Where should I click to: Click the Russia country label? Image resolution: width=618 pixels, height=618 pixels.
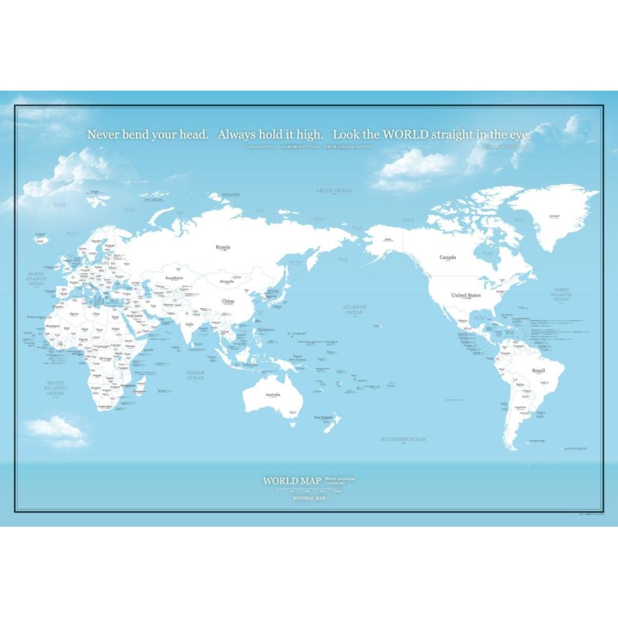tap(222, 247)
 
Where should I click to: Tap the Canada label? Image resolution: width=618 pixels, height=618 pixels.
tap(448, 257)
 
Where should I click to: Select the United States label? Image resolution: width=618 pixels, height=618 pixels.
tap(466, 295)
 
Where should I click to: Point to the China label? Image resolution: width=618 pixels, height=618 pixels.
tap(228, 301)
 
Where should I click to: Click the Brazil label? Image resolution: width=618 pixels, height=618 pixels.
tap(538, 371)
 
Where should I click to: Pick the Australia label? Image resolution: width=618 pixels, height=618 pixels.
tap(273, 394)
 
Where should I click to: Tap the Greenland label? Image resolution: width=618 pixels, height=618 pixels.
tap(554, 216)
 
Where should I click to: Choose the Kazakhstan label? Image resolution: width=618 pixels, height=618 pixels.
tap(174, 278)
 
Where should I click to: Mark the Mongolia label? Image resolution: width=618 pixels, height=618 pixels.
tap(227, 282)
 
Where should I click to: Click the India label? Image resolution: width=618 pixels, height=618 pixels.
tap(190, 325)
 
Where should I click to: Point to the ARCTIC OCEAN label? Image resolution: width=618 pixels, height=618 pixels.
tap(334, 190)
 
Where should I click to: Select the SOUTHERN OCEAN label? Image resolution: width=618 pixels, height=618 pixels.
tap(404, 439)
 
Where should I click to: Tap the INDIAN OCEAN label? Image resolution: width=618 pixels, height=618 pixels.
tap(196, 375)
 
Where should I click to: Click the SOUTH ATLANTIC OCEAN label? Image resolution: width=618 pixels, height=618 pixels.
tap(56, 388)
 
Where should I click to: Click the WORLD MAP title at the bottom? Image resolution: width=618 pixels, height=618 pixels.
tap(293, 481)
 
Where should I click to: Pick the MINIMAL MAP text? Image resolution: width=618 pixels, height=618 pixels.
tap(309, 499)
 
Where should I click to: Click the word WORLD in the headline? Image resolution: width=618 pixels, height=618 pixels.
tap(406, 135)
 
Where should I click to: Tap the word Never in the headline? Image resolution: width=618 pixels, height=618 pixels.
tap(103, 135)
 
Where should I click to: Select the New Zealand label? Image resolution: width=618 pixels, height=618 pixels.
tap(323, 417)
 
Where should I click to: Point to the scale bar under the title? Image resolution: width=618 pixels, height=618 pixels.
tap(309, 490)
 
